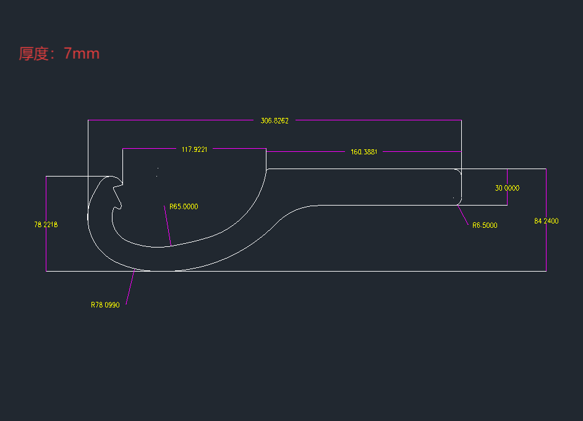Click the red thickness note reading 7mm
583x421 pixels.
point(59,54)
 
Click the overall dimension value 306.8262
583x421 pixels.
point(274,121)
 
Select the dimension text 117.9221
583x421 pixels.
point(194,149)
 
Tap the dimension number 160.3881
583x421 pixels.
point(364,152)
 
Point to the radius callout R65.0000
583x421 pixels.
point(184,207)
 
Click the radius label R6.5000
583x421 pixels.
point(485,225)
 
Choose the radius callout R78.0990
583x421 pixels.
point(105,305)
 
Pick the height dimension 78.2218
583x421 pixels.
point(46,225)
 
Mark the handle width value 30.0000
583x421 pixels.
point(507,188)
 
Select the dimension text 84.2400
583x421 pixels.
point(547,221)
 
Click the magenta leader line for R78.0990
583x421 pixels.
point(130,287)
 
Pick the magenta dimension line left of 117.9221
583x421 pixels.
point(148,149)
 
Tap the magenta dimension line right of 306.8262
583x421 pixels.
point(377,120)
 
